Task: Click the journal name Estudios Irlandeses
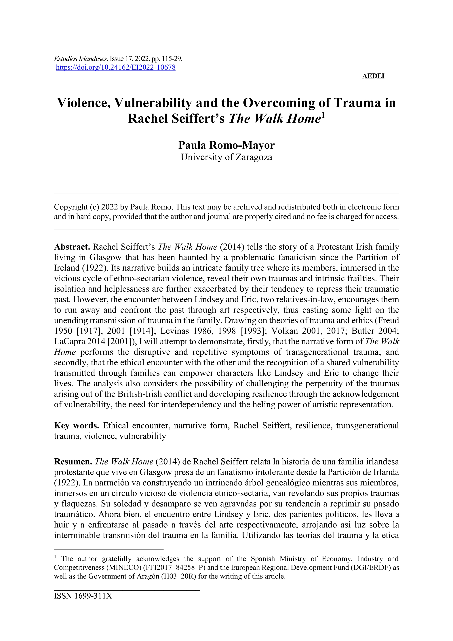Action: [80, 59]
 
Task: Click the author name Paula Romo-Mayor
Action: [226, 145]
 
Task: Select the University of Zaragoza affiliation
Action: [226, 157]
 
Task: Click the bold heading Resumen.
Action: [73, 462]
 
